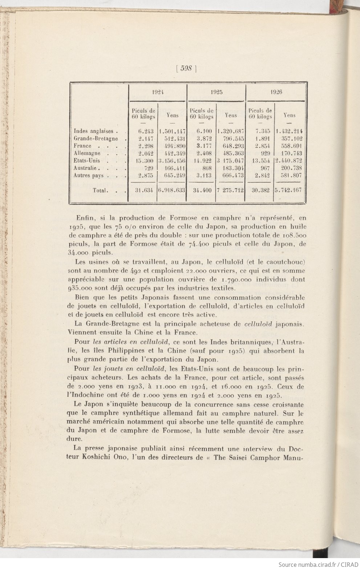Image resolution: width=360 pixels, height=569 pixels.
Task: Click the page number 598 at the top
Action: pos(186,68)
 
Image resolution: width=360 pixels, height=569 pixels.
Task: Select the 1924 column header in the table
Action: pos(158,92)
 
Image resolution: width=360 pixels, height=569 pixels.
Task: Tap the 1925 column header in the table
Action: pos(217,92)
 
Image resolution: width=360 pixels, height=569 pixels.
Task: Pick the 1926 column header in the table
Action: pos(276,92)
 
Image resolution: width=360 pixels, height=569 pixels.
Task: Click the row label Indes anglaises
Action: pos(96,131)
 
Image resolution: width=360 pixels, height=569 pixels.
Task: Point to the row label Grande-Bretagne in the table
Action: pos(96,138)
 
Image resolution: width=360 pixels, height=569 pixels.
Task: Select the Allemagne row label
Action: pos(87,153)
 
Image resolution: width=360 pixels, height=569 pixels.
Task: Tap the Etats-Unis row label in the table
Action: pos(87,161)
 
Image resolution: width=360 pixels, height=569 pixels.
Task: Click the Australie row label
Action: pos(85,168)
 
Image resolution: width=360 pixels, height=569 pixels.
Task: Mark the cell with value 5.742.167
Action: pos(289,190)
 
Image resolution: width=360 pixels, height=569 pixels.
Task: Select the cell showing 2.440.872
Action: pos(289,161)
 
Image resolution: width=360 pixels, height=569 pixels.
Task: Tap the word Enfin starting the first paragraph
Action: pos(84,218)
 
